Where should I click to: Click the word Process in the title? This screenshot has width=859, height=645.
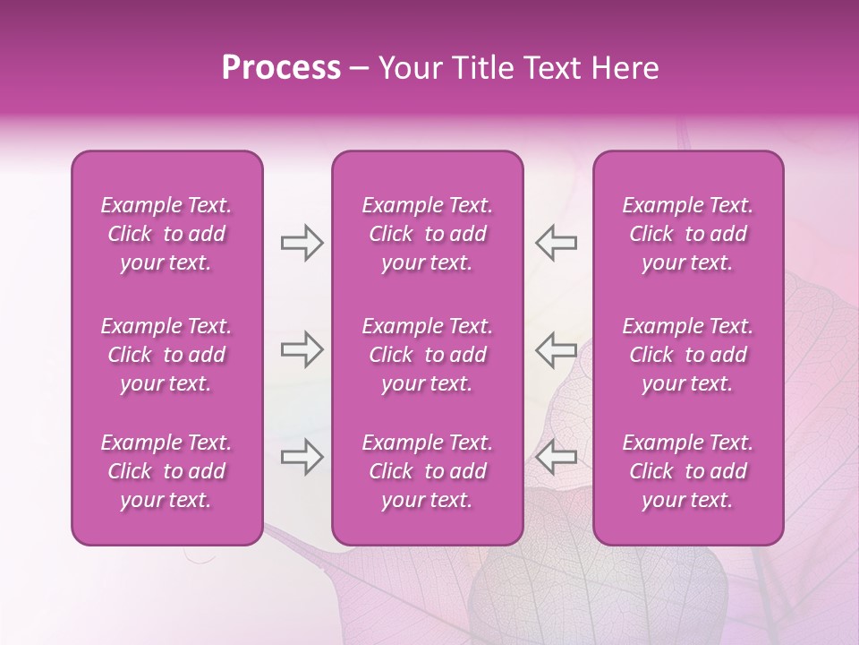[281, 68]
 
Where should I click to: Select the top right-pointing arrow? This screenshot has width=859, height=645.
[302, 243]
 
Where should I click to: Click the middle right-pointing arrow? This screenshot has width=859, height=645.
[302, 349]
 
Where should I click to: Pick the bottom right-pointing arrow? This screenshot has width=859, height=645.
[302, 456]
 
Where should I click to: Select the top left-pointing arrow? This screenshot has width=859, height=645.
[557, 243]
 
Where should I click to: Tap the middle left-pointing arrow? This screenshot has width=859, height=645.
[557, 349]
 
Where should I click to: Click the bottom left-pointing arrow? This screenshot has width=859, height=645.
[557, 456]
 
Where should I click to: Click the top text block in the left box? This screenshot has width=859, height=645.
[166, 234]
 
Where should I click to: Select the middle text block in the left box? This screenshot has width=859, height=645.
[166, 355]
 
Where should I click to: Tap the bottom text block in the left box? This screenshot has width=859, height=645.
[166, 471]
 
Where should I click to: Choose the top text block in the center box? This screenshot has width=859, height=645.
[428, 234]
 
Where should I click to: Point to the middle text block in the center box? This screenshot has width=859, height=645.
[428, 355]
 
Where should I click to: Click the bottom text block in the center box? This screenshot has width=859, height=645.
[428, 471]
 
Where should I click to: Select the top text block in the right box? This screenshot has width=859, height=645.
[688, 234]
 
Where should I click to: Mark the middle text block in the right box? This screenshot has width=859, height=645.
[688, 355]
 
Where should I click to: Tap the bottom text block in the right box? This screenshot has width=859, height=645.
[688, 471]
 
